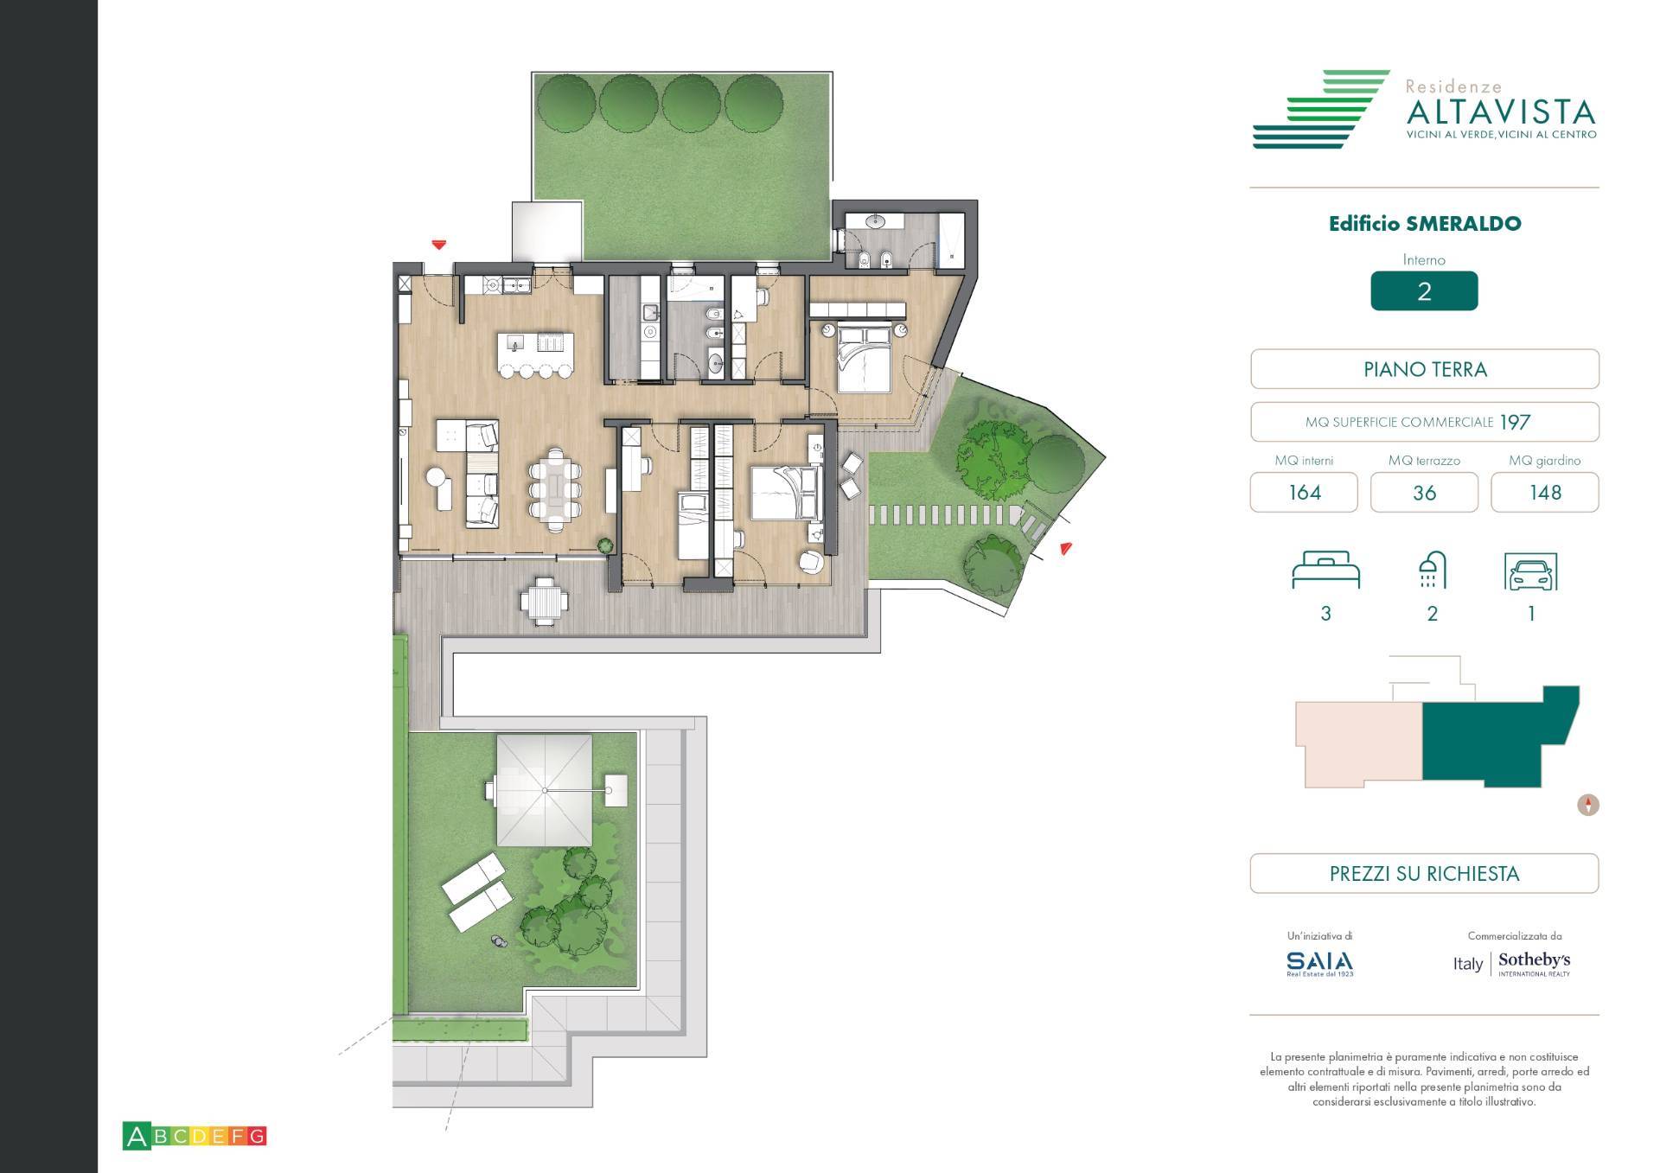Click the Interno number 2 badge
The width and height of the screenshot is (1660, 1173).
[x=1424, y=291]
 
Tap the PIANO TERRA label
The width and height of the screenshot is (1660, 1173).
[x=1424, y=370]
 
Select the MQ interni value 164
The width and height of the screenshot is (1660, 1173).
[x=1304, y=493]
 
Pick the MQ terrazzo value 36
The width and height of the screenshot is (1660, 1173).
[x=1424, y=493]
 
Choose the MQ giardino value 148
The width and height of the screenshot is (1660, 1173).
[x=1544, y=493]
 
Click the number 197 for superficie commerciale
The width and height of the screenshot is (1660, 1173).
[x=1515, y=423]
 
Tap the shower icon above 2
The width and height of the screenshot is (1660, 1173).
[x=1432, y=570]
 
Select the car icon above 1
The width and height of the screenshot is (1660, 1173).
[x=1531, y=572]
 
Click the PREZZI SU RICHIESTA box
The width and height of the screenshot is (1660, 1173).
[x=1424, y=874]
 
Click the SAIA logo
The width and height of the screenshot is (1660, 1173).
[x=1319, y=962]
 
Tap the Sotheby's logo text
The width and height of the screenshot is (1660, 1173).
[x=1534, y=961]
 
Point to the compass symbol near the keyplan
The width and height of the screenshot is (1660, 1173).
[x=1588, y=806]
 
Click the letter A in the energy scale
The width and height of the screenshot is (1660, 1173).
[x=136, y=1136]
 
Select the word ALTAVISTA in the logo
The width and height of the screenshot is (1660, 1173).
[x=1501, y=112]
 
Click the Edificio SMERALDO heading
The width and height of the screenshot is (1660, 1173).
[x=1424, y=224]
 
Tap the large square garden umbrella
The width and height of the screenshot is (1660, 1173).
[x=545, y=790]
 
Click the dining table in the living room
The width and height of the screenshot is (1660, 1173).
[x=555, y=489]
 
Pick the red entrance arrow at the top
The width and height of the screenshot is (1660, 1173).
[x=439, y=245]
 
